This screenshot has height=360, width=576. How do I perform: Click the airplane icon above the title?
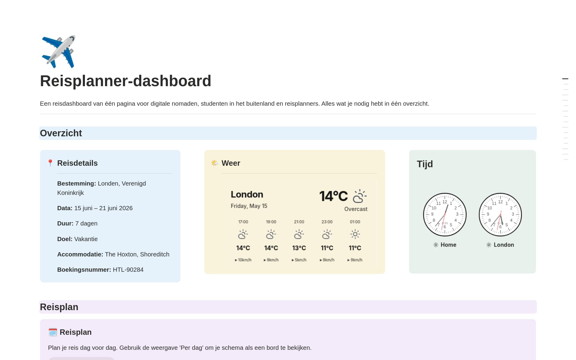(58, 52)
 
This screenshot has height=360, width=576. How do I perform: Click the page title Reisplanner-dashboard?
(126, 81)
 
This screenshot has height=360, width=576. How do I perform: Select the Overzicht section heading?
(61, 133)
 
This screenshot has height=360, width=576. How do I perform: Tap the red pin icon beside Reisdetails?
(50, 163)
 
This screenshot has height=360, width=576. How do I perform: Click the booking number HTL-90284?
(128, 270)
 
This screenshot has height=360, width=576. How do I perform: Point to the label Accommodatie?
(80, 254)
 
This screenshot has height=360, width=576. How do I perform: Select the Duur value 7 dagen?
(86, 223)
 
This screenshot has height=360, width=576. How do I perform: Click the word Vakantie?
(86, 239)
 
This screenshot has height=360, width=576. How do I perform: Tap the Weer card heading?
(231, 163)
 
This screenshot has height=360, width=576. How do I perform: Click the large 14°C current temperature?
(333, 196)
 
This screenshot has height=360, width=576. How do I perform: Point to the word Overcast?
(356, 209)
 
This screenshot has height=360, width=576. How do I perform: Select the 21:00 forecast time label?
(299, 222)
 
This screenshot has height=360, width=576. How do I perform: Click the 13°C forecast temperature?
(299, 248)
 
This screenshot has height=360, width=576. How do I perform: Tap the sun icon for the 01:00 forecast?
(355, 234)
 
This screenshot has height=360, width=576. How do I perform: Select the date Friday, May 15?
(249, 206)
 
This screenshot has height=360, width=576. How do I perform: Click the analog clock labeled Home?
(445, 215)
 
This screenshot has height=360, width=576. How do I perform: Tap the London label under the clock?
(504, 245)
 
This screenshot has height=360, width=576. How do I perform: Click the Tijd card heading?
(425, 164)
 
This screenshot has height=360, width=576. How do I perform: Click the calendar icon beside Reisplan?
(53, 332)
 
